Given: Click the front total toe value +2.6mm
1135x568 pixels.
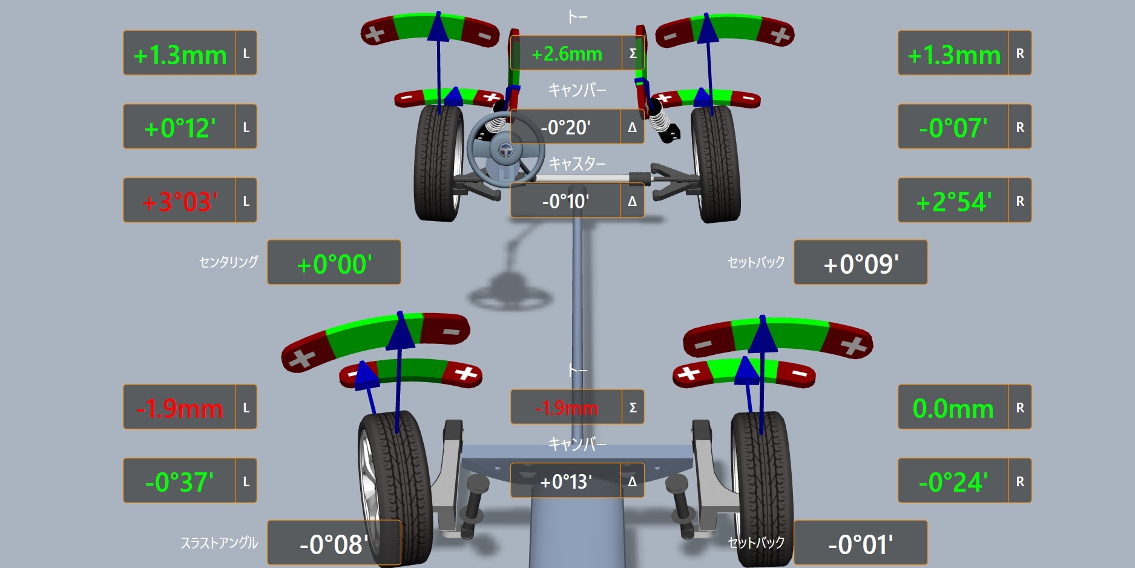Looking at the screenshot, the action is pyautogui.click(x=567, y=54).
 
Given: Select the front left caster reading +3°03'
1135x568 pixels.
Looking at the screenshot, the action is pyautogui.click(x=180, y=201).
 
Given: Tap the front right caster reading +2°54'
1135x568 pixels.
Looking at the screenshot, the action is pyautogui.click(x=953, y=201).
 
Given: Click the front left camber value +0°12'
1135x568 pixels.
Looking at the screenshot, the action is pyautogui.click(x=180, y=128).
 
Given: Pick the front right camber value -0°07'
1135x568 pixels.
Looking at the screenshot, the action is pyautogui.click(x=953, y=128).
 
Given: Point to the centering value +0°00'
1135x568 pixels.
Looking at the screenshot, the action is pyautogui.click(x=334, y=264).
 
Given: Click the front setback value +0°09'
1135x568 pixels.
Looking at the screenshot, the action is pyautogui.click(x=861, y=264).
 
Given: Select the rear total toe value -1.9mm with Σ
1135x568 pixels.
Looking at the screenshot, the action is pyautogui.click(x=567, y=408).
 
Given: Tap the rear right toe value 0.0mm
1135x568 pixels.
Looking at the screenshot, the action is pyautogui.click(x=953, y=408).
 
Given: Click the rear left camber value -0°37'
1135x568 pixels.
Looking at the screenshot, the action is pyautogui.click(x=180, y=482).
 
